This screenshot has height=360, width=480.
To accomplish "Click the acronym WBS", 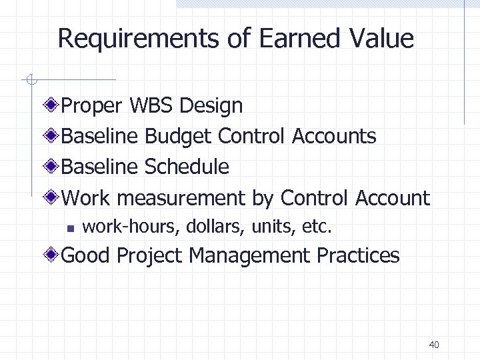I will pyautogui.click(x=152, y=105).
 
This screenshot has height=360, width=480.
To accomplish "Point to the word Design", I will pyautogui.click(x=211, y=105).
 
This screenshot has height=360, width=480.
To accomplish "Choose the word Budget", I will pyautogui.click(x=178, y=136).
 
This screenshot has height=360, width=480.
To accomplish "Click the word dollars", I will pyautogui.click(x=207, y=227).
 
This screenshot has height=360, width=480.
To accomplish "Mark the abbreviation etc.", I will pyautogui.click(x=317, y=227).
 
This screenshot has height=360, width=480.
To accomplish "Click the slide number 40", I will pyautogui.click(x=434, y=345).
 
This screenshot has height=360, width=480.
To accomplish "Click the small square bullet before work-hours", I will pyautogui.click(x=69, y=227).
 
